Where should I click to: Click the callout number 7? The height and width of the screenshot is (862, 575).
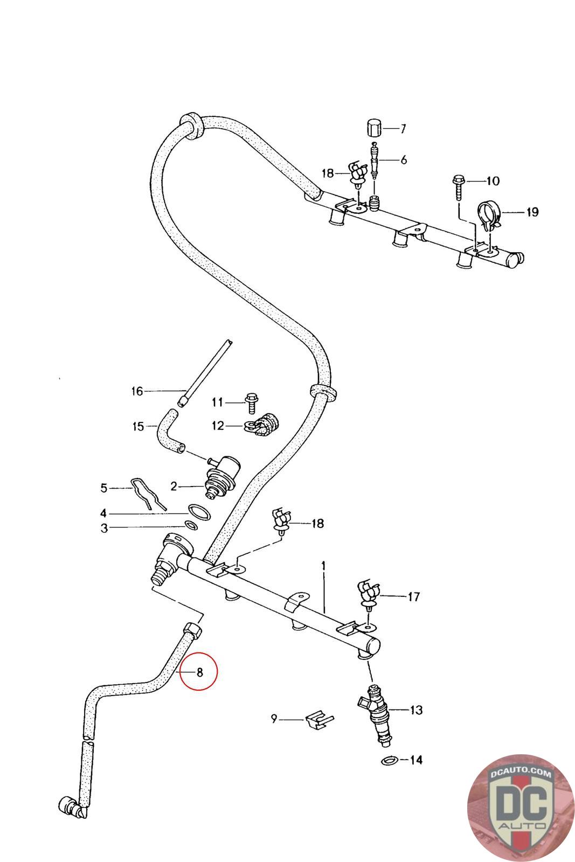coord(403,129)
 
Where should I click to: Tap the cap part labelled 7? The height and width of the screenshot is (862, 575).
coord(373,128)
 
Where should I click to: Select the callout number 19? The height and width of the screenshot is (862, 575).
coord(532,212)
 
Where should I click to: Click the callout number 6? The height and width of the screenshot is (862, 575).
coord(403,159)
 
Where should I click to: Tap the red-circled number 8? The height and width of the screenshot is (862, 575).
coord(199,672)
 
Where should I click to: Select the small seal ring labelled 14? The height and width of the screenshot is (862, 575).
coord(389,761)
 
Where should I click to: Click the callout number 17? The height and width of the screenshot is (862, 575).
coord(413,597)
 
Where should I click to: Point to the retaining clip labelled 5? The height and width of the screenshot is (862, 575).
coord(148,493)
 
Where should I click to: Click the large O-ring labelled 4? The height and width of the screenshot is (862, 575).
coord(199,512)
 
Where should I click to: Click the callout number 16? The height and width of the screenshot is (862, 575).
coord(137,391)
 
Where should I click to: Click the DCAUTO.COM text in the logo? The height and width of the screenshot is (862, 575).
coord(521,773)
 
